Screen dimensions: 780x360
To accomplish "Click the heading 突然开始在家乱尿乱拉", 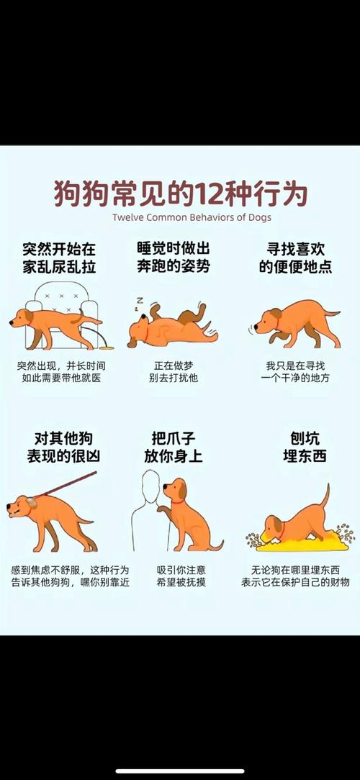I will (x=59, y=257).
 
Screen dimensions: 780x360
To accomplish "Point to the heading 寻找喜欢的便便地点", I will (x=295, y=257).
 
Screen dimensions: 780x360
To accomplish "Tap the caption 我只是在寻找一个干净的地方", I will (x=295, y=371).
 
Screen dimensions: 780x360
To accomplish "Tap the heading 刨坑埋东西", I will (x=295, y=447).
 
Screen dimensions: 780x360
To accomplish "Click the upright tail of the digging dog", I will (x=325, y=496).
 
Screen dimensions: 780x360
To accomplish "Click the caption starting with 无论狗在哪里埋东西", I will (x=295, y=576).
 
